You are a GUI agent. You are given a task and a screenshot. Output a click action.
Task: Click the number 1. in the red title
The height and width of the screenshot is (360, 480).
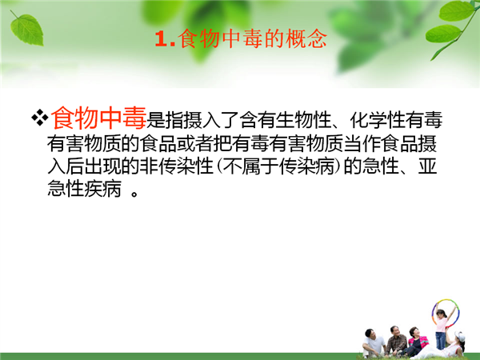[x=165, y=39]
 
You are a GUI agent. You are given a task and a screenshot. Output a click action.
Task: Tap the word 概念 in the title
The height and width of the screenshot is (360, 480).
[x=306, y=39]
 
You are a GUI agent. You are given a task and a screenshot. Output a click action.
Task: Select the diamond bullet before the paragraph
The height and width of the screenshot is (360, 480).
[x=40, y=118]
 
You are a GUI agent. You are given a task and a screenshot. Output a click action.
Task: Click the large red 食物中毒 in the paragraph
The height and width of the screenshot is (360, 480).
[x=98, y=118]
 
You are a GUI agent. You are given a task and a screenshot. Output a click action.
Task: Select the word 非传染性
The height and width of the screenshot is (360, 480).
[x=176, y=166]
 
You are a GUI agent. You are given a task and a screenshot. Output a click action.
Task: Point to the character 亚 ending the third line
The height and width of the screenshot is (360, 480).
[x=427, y=166]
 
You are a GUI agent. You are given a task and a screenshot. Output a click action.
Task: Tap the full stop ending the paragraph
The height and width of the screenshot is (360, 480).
[x=134, y=194]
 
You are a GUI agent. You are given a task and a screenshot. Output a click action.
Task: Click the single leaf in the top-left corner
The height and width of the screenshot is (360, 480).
[x=26, y=29]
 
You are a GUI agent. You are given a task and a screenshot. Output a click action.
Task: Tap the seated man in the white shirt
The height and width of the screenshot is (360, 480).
[x=374, y=343]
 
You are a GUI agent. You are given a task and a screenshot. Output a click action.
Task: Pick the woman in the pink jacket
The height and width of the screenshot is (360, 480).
[x=416, y=341]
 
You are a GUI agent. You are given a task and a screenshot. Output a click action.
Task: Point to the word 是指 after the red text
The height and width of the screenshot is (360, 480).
[x=165, y=120]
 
